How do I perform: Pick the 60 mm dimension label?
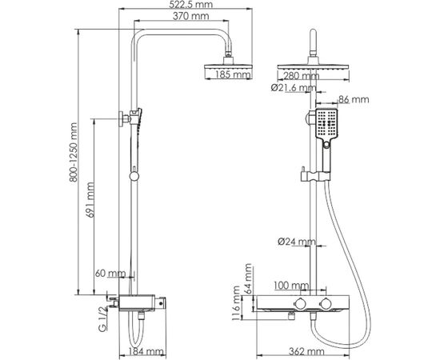tap(110, 273)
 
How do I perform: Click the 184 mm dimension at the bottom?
tap(148, 350)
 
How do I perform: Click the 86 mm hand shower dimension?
tap(356, 100)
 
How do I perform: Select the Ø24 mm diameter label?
tap(298, 241)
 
